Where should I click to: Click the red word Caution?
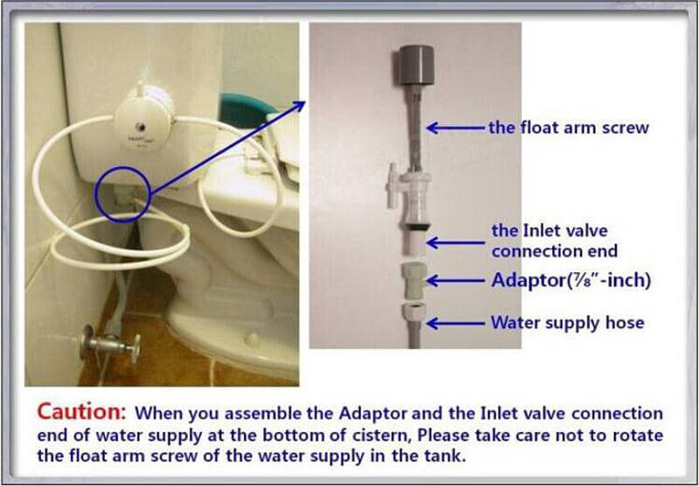point(81,413)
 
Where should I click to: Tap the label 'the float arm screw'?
point(569,128)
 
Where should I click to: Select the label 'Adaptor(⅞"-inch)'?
point(571,280)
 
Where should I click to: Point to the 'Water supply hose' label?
point(567,322)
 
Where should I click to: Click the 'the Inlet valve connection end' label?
point(555,241)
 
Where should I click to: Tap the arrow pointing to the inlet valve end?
point(455,243)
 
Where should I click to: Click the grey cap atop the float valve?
point(417,65)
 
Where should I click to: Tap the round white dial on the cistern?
point(143,118)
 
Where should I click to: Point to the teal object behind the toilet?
point(242,109)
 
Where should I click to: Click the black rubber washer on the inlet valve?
point(417,226)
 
